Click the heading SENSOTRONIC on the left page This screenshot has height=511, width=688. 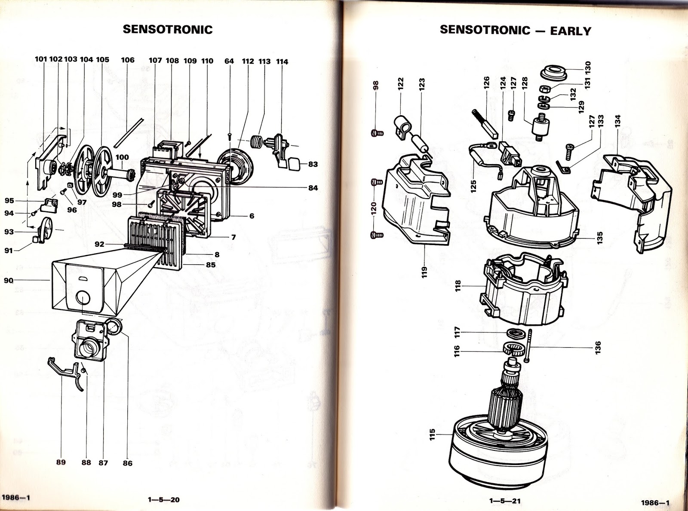coord(168,29)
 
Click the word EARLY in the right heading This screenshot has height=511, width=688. coord(571,31)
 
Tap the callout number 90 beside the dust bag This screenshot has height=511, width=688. coord(9,281)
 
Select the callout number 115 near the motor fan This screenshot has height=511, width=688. coord(432,434)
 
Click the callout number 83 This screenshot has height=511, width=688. coord(313,164)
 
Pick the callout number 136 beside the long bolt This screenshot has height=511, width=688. coord(598,346)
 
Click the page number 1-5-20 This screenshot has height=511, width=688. coord(163,499)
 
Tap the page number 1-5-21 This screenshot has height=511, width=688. coord(505,500)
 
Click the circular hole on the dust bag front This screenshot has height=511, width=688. coord(83,297)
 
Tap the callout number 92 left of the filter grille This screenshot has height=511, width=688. coord(99,244)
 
